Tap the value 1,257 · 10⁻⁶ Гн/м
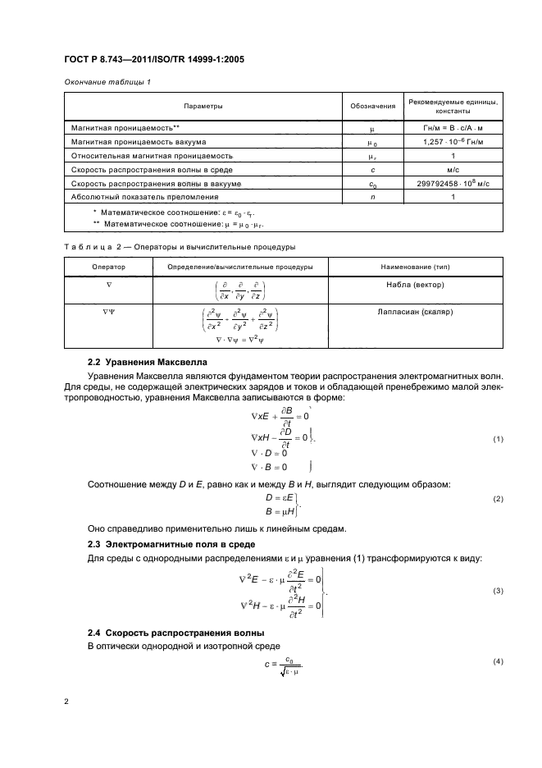[x=453, y=141]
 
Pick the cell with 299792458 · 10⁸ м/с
[x=453, y=183]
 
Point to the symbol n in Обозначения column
[x=373, y=197]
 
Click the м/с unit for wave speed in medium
[x=453, y=169]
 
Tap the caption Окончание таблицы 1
[x=101, y=80]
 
